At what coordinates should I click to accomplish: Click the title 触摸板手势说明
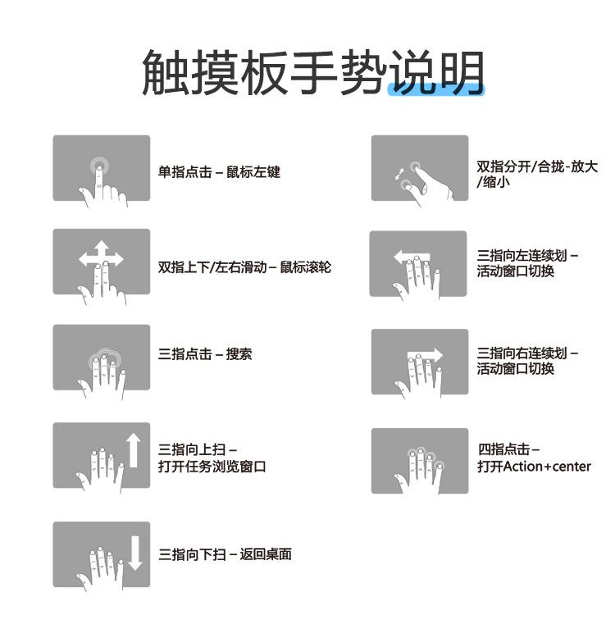312,71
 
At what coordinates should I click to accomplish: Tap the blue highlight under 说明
435,90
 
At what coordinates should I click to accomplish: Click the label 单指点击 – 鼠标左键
219,172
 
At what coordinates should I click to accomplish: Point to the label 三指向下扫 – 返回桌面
225,554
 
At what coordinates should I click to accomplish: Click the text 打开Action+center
534,467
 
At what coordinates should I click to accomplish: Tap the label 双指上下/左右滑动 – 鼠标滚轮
244,267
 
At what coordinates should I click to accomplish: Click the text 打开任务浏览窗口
212,467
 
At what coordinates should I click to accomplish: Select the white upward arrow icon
133,450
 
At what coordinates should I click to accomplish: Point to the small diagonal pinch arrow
399,174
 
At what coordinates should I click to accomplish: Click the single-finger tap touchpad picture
102,168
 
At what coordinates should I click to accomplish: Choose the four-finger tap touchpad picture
419,461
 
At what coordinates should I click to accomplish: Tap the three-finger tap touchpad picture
102,358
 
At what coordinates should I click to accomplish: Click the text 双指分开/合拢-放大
537,166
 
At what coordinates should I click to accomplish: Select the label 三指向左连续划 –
527,256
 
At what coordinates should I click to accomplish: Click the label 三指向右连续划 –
527,353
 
